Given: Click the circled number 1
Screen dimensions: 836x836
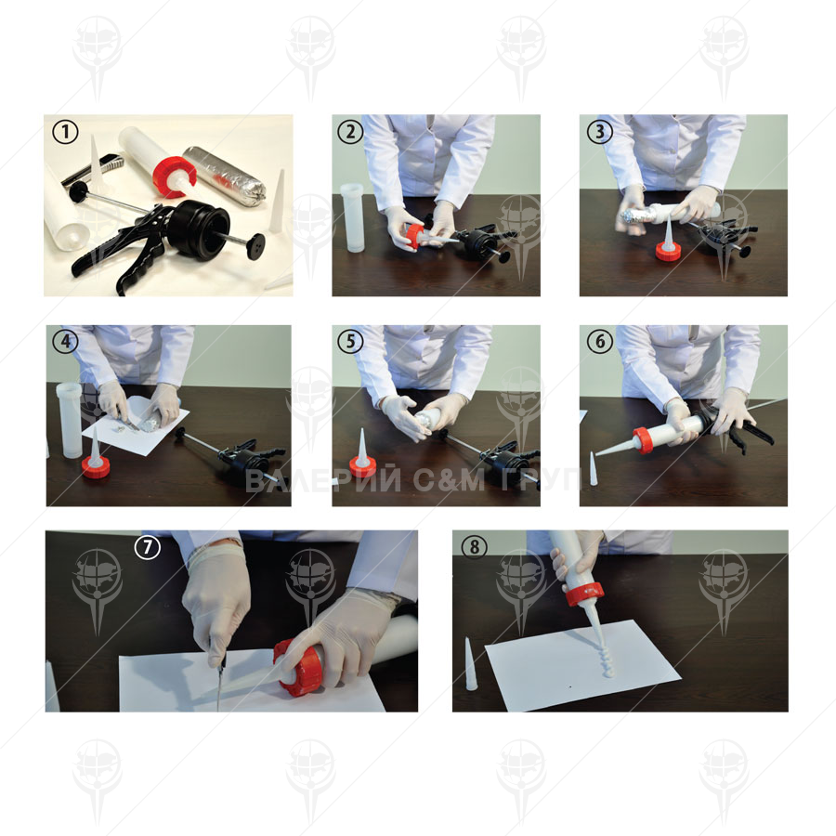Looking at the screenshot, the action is click(66, 132).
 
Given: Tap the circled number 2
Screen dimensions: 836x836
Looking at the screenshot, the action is click(350, 132).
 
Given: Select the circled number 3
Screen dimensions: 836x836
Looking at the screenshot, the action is click(600, 132).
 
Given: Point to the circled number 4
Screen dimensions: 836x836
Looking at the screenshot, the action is click(66, 341).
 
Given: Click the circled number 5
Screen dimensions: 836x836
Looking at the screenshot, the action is click(350, 341).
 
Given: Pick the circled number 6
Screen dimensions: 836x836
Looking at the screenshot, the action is click(600, 341).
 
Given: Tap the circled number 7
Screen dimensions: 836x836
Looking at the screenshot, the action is click(148, 546).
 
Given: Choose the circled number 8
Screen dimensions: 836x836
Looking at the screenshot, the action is click(475, 546).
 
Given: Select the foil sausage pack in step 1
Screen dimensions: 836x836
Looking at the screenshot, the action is click(224, 175).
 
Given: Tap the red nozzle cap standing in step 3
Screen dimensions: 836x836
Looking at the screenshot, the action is click(668, 251).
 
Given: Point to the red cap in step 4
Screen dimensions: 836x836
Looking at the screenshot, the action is click(96, 467).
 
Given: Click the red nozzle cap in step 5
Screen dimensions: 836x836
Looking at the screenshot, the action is click(362, 467).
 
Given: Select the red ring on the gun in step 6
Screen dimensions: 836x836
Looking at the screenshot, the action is click(645, 440).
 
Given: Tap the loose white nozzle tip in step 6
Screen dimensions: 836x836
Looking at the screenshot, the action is click(593, 469).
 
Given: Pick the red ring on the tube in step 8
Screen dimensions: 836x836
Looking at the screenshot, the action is click(585, 594).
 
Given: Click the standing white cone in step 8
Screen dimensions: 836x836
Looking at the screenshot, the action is click(470, 664).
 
